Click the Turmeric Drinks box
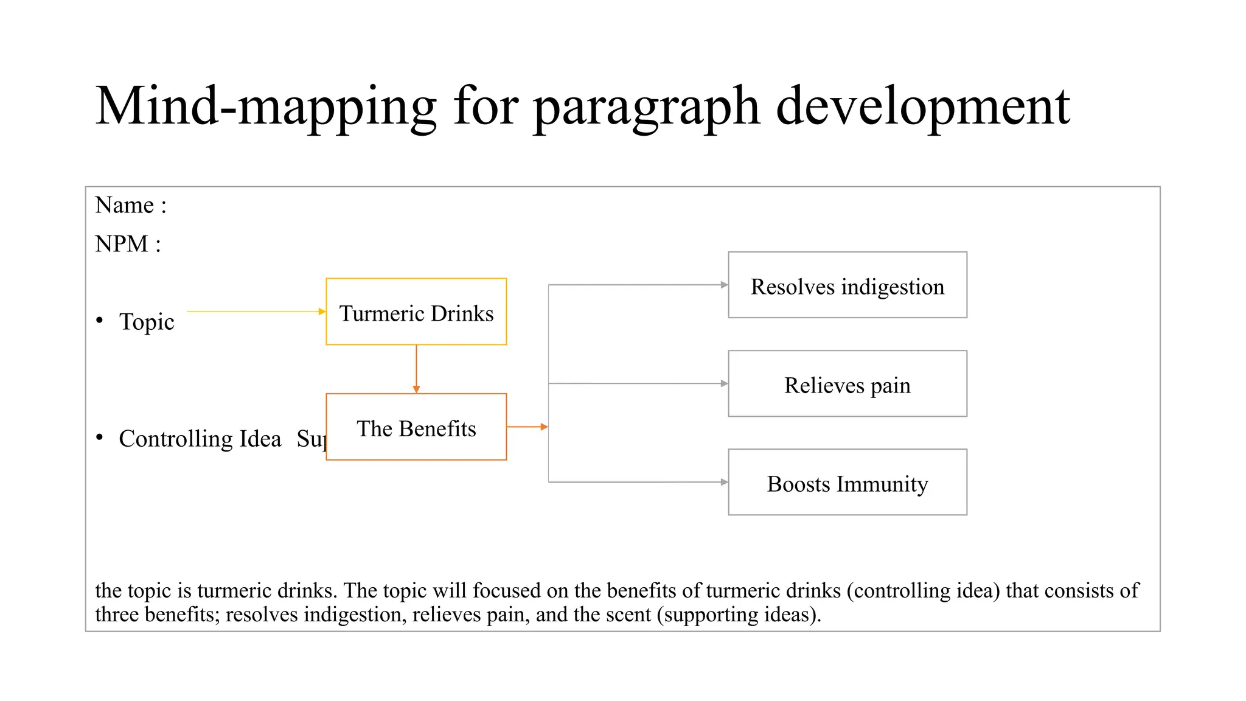click(x=416, y=312)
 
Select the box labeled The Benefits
click(x=416, y=427)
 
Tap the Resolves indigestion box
click(x=847, y=285)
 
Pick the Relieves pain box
click(x=847, y=383)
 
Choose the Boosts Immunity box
click(x=847, y=482)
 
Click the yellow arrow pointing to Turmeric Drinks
click(x=256, y=312)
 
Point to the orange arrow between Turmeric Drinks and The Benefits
click(x=416, y=369)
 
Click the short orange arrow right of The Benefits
click(x=527, y=427)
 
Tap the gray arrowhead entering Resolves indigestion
click(x=724, y=285)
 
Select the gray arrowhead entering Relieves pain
click(x=724, y=383)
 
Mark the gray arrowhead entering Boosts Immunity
click(x=724, y=482)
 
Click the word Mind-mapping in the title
click(x=266, y=106)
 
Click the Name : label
click(x=130, y=205)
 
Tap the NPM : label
click(x=128, y=244)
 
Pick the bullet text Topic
click(x=147, y=321)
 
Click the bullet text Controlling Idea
click(x=200, y=439)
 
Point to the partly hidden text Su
click(x=311, y=439)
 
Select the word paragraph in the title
click(x=646, y=106)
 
